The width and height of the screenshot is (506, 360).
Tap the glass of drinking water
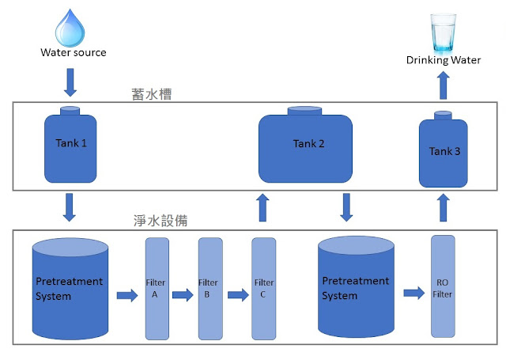click(x=444, y=32)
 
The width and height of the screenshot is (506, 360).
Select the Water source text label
click(x=74, y=53)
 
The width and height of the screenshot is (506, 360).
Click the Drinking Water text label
click(x=444, y=60)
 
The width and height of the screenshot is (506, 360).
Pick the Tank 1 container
click(x=70, y=145)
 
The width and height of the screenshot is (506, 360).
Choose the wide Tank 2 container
click(x=305, y=145)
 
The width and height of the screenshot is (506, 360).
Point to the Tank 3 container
click(x=443, y=150)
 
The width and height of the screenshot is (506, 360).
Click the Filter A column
click(x=157, y=289)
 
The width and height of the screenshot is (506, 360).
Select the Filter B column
click(x=210, y=289)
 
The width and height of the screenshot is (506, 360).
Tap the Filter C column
click(x=263, y=289)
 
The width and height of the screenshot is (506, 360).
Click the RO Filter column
click(x=443, y=286)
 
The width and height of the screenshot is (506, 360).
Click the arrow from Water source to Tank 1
click(x=70, y=82)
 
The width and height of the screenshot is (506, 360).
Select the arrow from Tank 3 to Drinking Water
click(x=444, y=85)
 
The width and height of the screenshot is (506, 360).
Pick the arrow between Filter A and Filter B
click(x=183, y=295)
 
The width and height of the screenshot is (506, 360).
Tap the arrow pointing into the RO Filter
click(x=414, y=293)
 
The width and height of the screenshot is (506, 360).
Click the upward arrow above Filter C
click(x=262, y=207)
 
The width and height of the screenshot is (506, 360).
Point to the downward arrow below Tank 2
click(x=346, y=207)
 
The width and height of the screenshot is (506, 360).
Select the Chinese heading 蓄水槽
click(x=151, y=94)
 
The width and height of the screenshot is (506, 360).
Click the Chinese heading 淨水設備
click(x=160, y=221)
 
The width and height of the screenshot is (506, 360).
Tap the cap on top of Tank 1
click(x=70, y=111)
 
